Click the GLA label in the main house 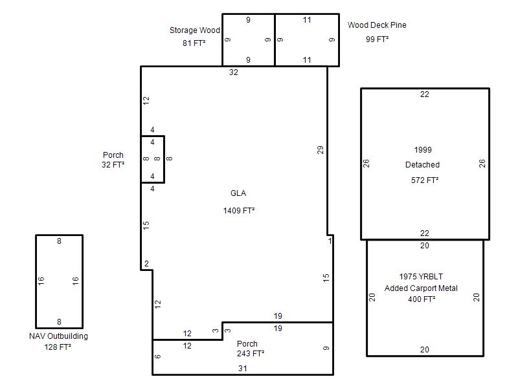[x=238, y=193]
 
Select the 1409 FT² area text [x=238, y=211]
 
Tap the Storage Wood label [x=195, y=30]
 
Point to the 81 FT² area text [x=194, y=43]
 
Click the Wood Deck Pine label [x=377, y=25]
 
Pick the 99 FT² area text [x=377, y=39]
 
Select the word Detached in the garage [x=423, y=165]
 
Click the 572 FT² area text [x=425, y=180]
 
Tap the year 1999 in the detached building [x=423, y=150]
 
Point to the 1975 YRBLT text [x=421, y=277]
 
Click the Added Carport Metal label [x=421, y=288]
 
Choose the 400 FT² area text [x=422, y=299]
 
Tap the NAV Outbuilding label [x=58, y=336]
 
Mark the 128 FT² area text [x=58, y=347]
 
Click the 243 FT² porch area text [x=251, y=353]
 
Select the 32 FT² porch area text [x=113, y=164]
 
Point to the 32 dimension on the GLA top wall [x=234, y=72]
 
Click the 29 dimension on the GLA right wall [x=320, y=150]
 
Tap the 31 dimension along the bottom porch [x=242, y=369]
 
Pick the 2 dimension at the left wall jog [x=146, y=264]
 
